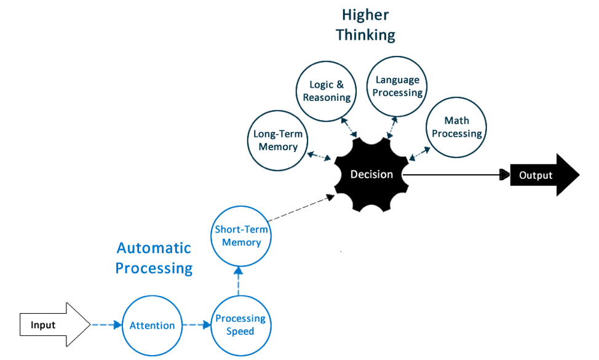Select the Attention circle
pyautogui.click(x=152, y=325)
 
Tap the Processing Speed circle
pyautogui.click(x=240, y=325)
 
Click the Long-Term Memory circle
pyautogui.click(x=278, y=140)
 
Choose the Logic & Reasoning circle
pyautogui.click(x=327, y=90)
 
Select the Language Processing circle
pyautogui.click(x=397, y=86)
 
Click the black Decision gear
pyautogui.click(x=371, y=175)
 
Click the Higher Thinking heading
pyautogui.click(x=365, y=25)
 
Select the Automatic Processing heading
pyautogui.click(x=154, y=258)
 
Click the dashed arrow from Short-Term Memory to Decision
pyautogui.click(x=301, y=210)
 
